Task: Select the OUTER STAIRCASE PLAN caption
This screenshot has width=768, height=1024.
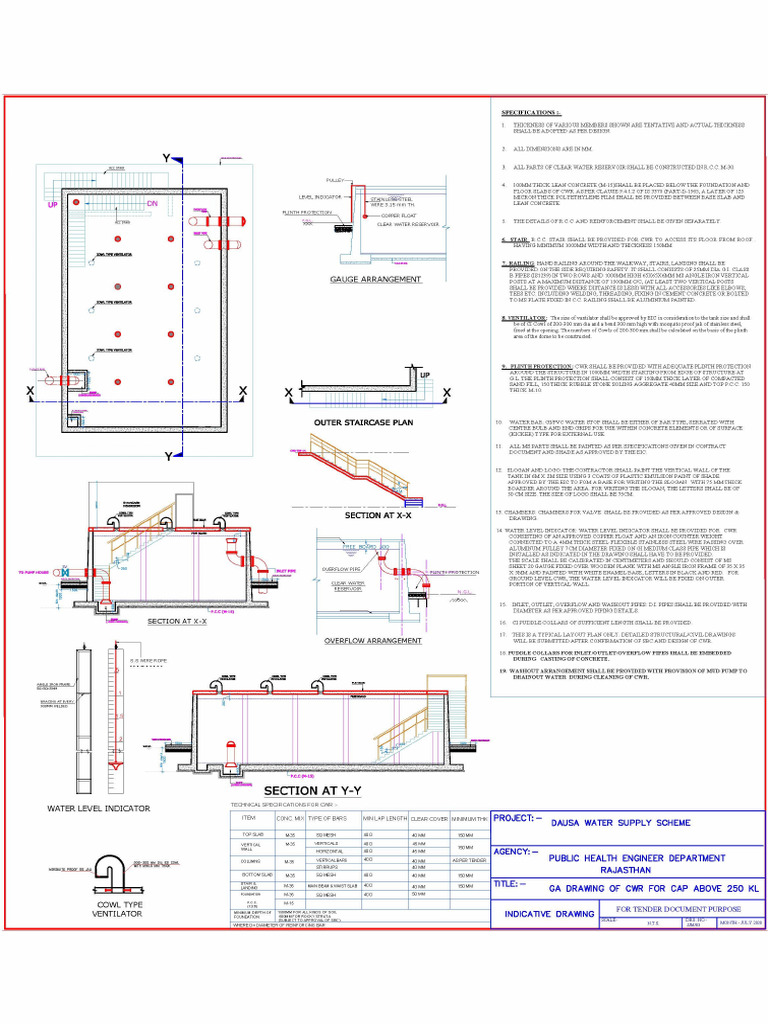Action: (x=349, y=423)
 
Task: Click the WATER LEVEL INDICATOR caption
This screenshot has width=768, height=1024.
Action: (x=99, y=807)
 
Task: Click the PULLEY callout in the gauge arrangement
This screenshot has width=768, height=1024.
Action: (x=334, y=180)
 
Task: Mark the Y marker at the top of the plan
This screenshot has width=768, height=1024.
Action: (x=166, y=158)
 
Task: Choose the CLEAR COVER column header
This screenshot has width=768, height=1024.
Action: (x=428, y=818)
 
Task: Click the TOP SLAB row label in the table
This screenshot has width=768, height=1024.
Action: (x=253, y=833)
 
